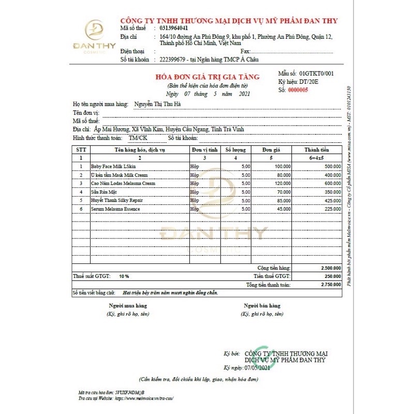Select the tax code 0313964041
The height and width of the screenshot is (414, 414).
174,28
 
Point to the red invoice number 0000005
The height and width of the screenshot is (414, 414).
298,90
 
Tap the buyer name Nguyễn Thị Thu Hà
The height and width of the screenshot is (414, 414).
157,104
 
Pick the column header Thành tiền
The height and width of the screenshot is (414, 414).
317,150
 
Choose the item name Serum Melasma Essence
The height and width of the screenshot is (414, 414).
115,209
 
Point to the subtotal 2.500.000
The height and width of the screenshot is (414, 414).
329,268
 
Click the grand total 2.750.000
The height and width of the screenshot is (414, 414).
329,285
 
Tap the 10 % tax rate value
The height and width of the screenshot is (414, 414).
124,276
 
